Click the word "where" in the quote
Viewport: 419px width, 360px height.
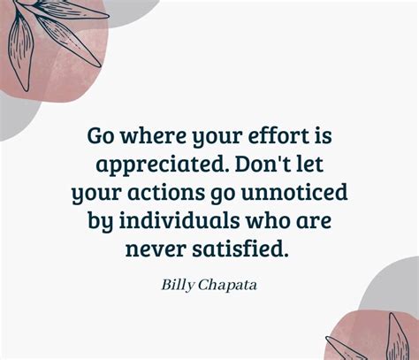tap(143, 135)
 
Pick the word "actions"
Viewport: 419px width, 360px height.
tap(164, 192)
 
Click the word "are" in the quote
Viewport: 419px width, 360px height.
tap(309, 220)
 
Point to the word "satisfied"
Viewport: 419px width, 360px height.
tap(242, 249)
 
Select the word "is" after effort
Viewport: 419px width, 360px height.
tap(317, 135)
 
